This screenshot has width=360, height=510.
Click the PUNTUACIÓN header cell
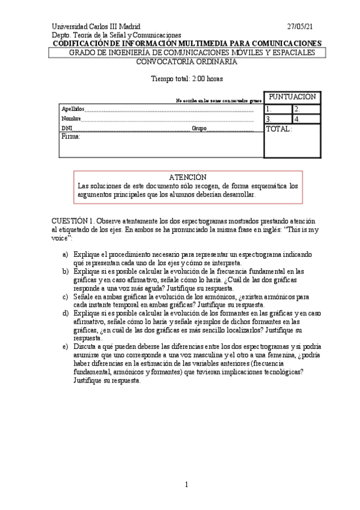pyautogui.click(x=291, y=97)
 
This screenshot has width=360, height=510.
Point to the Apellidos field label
pyautogui.click(x=73, y=109)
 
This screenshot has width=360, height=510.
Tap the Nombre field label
pyautogui.click(x=71, y=119)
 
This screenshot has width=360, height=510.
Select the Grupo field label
pyautogui.click(x=199, y=129)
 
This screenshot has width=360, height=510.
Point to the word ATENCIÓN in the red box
pyautogui.click(x=187, y=177)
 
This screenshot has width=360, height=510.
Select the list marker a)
pyautogui.click(x=66, y=255)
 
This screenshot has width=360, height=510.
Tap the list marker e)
pyautogui.click(x=66, y=346)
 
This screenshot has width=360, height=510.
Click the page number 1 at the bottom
pyautogui.click(x=186, y=484)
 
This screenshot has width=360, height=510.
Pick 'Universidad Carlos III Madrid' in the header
pyautogui.click(x=96, y=26)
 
